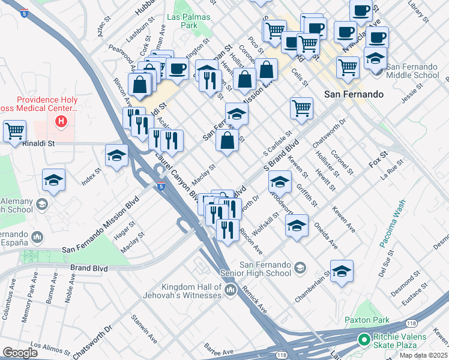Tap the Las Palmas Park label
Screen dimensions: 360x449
point(183,22)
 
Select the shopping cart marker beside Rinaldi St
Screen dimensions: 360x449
point(15,131)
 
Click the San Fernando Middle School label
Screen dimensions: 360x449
point(412,71)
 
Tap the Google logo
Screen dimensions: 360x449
point(20,353)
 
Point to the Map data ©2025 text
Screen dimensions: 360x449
point(423,355)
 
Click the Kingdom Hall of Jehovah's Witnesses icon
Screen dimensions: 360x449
point(231,291)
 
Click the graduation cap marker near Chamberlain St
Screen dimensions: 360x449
point(342,271)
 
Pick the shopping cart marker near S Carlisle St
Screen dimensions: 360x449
point(301,109)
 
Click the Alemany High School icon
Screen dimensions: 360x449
point(42,205)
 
